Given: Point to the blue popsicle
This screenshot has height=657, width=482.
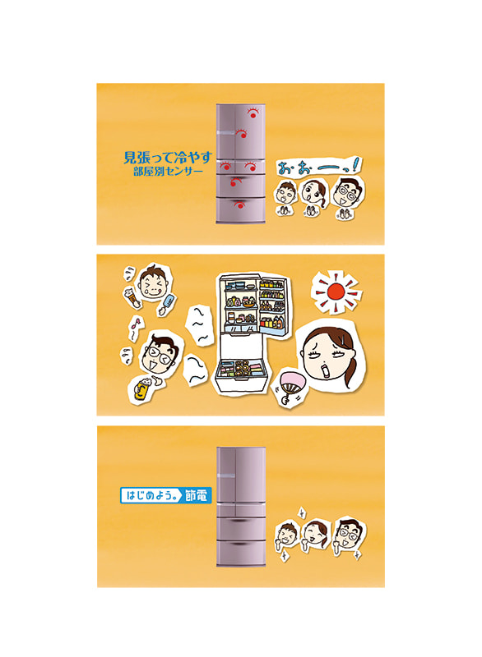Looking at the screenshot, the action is click(169, 300).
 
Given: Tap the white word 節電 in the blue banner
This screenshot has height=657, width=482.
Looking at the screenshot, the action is click(196, 495).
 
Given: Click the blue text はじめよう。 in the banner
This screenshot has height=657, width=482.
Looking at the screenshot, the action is click(151, 495).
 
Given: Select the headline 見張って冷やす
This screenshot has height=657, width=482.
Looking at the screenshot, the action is click(168, 158).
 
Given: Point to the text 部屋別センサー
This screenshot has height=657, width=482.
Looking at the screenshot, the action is click(168, 172).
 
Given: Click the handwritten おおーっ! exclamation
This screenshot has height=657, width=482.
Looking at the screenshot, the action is click(318, 167).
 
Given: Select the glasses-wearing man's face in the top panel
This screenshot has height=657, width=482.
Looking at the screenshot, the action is click(347, 193).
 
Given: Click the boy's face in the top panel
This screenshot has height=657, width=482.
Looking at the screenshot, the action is click(286, 193).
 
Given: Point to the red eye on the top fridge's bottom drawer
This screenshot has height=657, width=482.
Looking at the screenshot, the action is click(239, 204).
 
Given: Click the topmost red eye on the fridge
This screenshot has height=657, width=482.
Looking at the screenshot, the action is click(253, 113).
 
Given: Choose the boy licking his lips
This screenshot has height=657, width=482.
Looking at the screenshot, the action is click(154, 283).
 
